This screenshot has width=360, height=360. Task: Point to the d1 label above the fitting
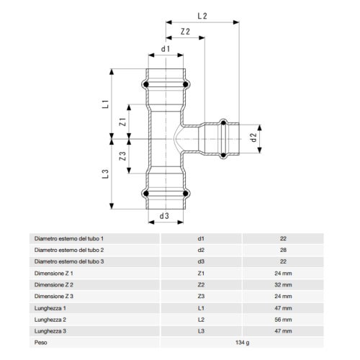166,49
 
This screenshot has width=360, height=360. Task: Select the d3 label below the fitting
164,215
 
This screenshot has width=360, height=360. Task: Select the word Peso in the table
41,343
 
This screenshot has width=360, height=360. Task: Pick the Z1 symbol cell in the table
201,273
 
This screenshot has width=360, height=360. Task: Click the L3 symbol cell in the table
201,331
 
